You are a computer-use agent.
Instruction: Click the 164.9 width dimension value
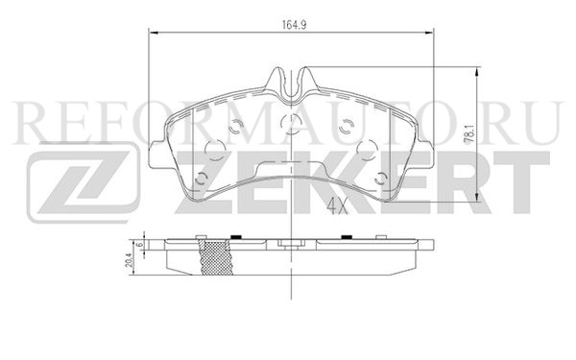(295, 25)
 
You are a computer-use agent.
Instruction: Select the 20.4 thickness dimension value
(129, 260)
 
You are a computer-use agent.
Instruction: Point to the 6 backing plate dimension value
(139, 245)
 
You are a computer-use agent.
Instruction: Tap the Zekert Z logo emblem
(84, 182)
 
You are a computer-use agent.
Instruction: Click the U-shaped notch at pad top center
(291, 85)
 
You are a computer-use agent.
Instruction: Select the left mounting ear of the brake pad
(157, 155)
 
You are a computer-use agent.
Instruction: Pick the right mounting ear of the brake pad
(425, 155)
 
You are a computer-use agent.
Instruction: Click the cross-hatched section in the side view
(216, 256)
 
